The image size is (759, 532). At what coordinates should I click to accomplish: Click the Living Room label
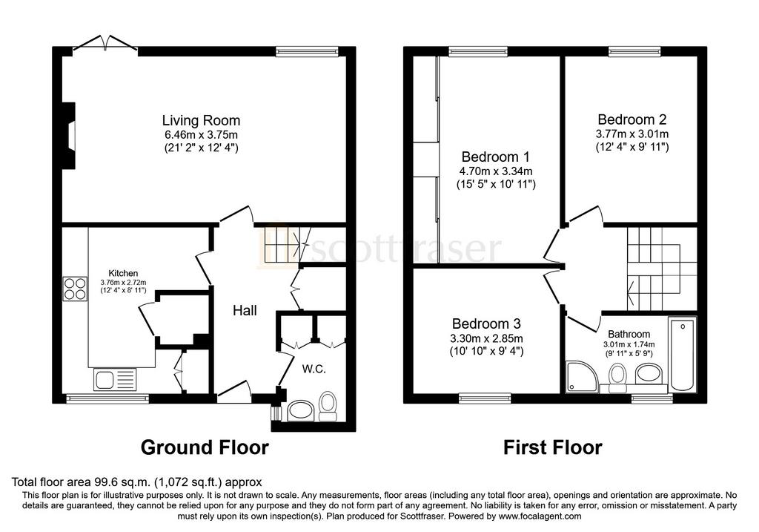201,120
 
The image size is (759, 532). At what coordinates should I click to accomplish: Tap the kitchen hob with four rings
75,289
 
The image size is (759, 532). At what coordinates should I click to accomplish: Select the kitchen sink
116,380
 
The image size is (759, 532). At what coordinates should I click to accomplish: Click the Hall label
245,311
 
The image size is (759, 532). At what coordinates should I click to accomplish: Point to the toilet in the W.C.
328,406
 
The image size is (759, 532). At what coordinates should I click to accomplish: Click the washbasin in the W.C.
301,411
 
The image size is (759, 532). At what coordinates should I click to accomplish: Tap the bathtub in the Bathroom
683,354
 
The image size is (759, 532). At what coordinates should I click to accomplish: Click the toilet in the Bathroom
617,378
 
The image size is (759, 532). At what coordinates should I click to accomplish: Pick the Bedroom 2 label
632,119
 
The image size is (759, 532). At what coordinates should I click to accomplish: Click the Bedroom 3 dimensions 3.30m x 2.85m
486,338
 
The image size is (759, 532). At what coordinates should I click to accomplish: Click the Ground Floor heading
205,447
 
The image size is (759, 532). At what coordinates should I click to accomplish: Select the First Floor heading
553,447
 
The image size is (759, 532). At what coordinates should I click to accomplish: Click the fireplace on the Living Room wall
69,136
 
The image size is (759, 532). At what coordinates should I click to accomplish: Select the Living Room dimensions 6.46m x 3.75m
201,135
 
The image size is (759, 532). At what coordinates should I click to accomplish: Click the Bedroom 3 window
485,398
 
